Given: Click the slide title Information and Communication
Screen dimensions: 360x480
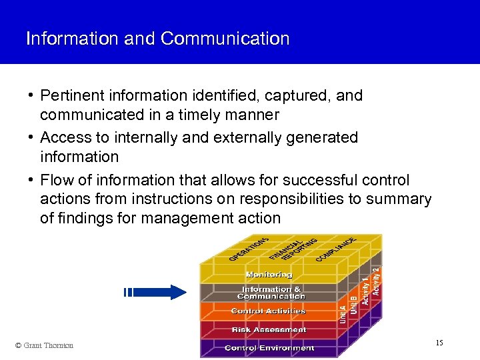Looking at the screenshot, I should [x=157, y=39].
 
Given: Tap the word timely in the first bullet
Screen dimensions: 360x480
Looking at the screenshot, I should [x=197, y=115].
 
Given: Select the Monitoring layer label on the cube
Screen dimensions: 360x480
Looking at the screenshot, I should [x=269, y=275].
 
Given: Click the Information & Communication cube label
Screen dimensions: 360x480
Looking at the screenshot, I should [x=271, y=293].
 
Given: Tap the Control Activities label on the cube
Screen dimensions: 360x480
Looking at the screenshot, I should [x=268, y=311].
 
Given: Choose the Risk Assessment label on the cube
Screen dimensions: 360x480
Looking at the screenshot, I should [x=269, y=329].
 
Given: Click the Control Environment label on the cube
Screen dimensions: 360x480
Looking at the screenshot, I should [x=269, y=348].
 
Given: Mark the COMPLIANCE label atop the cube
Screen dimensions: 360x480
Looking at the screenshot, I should [x=336, y=247].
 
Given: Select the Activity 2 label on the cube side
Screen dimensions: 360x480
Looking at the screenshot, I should [x=376, y=281].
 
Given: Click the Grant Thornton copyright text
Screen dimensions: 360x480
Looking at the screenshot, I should [x=44, y=345].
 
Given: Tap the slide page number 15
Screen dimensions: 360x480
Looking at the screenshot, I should [x=439, y=343].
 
